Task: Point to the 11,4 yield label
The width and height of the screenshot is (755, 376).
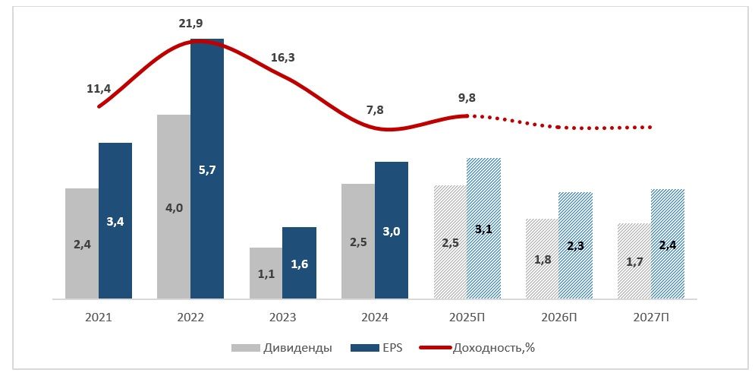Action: pos(99,88)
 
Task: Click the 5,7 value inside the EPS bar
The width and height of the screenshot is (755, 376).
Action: pos(207,170)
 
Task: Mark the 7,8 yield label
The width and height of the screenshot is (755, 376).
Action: pos(375,109)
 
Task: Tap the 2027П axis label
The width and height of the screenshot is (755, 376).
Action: pos(651,318)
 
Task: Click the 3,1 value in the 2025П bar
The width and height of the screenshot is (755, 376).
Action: pos(483,229)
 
